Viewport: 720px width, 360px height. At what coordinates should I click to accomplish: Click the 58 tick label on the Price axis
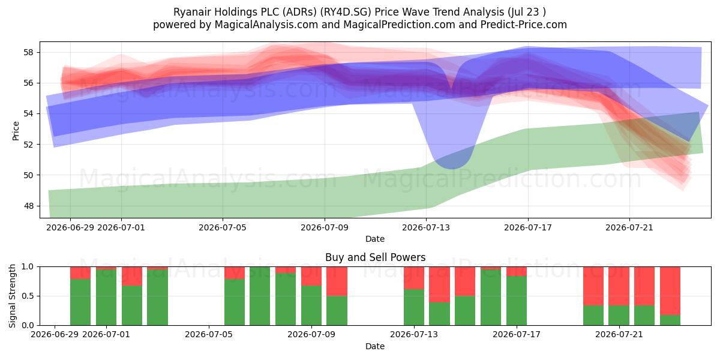point(28,52)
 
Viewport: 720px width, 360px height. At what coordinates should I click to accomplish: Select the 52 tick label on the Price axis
point(28,145)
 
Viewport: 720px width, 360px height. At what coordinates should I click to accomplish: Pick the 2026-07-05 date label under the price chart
point(223,227)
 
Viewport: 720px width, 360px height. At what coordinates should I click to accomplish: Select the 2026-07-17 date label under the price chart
point(528,227)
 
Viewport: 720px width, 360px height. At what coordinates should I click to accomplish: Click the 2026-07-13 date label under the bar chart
point(414,334)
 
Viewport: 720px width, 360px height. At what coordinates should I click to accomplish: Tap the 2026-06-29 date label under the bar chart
point(55,334)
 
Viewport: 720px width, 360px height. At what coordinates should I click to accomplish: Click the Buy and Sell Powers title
point(375,257)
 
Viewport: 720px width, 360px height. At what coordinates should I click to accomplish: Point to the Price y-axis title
point(16,131)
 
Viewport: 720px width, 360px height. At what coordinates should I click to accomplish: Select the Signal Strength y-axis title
point(12,296)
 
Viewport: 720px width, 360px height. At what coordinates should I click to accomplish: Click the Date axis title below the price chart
point(375,239)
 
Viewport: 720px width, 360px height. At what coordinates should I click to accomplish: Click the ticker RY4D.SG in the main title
point(346,12)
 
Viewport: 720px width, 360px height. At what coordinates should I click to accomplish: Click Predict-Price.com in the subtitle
point(524,25)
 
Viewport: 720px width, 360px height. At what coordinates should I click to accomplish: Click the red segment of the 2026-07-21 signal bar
point(619,286)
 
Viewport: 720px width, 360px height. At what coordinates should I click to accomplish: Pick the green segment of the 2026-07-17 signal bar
point(517,301)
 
